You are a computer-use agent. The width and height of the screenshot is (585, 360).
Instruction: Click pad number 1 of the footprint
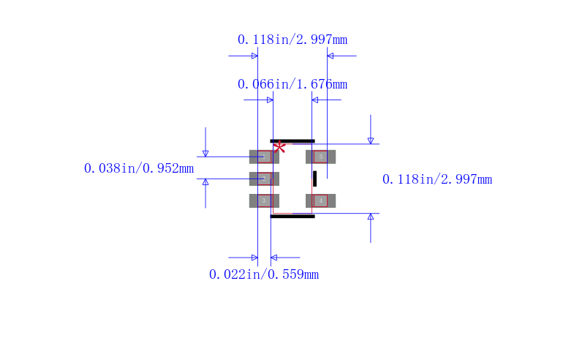(x=264, y=157)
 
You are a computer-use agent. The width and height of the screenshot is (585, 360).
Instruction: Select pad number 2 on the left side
(x=264, y=179)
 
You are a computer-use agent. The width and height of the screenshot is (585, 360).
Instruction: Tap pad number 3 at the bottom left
(x=264, y=200)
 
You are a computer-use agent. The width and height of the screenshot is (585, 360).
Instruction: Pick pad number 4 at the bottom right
(x=320, y=200)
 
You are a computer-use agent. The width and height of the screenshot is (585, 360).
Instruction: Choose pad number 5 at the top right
(x=320, y=157)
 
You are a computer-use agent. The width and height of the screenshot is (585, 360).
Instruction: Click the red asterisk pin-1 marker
(x=279, y=147)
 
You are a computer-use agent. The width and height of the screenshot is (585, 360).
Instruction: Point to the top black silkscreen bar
(x=292, y=140)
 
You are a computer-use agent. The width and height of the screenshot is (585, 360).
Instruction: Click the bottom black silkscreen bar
(x=292, y=216)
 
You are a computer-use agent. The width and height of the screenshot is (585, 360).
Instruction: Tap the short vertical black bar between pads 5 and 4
(x=314, y=179)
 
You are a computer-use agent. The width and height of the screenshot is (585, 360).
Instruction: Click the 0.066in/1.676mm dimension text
(x=292, y=84)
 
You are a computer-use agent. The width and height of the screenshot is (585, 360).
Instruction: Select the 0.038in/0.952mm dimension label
(x=139, y=168)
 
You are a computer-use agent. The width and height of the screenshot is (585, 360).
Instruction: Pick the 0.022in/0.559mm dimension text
(x=264, y=274)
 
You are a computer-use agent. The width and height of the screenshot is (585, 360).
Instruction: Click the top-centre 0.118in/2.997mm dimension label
(x=292, y=40)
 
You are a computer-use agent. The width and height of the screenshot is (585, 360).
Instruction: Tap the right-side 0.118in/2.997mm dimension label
(x=437, y=179)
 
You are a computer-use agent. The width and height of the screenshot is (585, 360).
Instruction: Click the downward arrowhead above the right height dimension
(x=371, y=140)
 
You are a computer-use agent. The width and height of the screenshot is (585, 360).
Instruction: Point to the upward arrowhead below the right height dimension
(x=371, y=217)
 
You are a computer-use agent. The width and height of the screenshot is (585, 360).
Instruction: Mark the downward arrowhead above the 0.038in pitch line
(x=205, y=153)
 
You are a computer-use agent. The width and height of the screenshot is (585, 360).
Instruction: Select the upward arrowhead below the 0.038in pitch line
(x=205, y=182)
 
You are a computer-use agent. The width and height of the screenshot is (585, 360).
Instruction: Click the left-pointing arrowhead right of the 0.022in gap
(x=274, y=258)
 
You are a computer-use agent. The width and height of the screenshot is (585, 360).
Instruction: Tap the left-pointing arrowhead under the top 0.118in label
(x=331, y=56)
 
